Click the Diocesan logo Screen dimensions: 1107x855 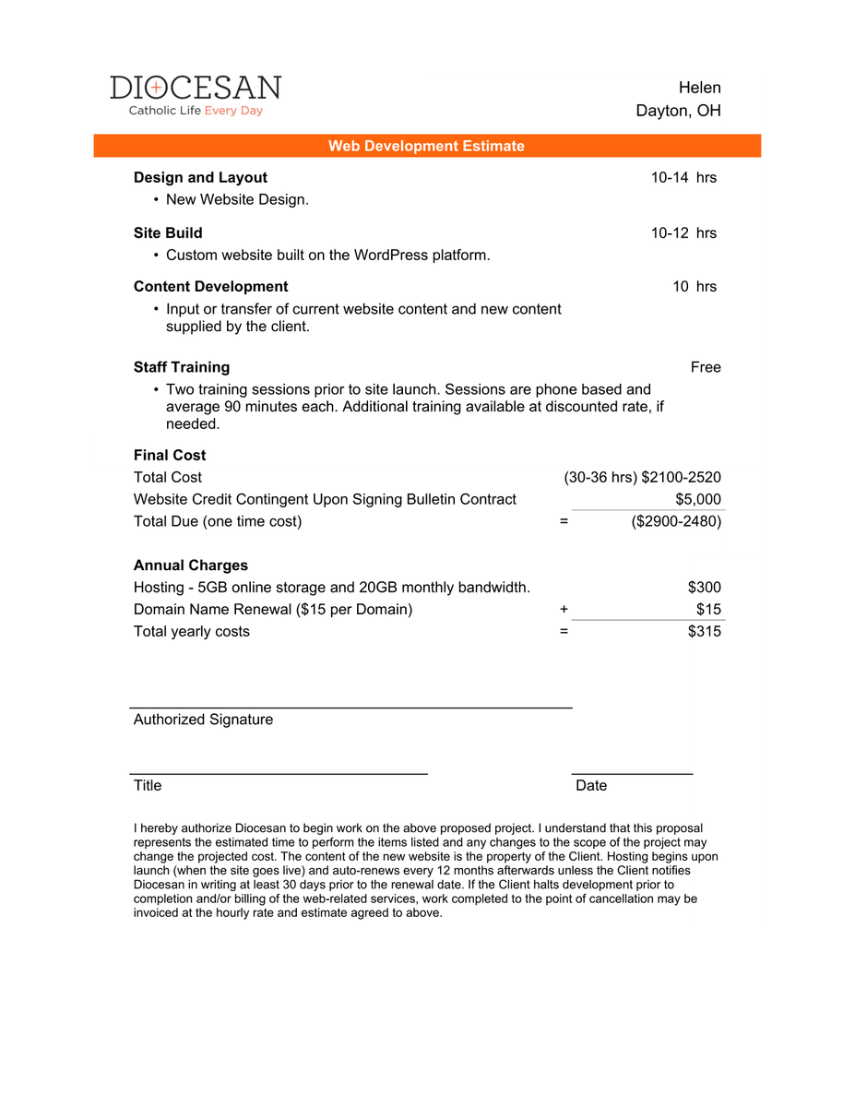coord(196,95)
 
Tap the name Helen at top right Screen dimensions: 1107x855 coord(699,88)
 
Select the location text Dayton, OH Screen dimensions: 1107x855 coord(678,111)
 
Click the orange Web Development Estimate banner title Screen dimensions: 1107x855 coord(426,146)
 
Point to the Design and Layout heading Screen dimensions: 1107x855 coord(200,178)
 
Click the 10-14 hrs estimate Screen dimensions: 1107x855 coord(683,178)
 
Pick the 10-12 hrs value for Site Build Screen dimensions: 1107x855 coord(683,233)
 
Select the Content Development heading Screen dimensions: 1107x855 coord(210,287)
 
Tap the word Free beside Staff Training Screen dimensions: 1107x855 coord(706,367)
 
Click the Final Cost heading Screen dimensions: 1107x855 coord(170,456)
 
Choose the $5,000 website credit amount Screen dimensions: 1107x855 coord(698,499)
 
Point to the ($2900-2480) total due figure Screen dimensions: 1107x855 coord(676,521)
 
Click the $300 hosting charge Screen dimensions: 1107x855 coord(704,588)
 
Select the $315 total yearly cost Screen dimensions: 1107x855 coord(704,632)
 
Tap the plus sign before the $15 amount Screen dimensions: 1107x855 coord(564,610)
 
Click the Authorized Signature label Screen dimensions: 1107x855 coord(203,720)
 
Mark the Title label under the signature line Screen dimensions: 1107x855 coord(148,786)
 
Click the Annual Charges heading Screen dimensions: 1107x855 coord(191,565)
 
